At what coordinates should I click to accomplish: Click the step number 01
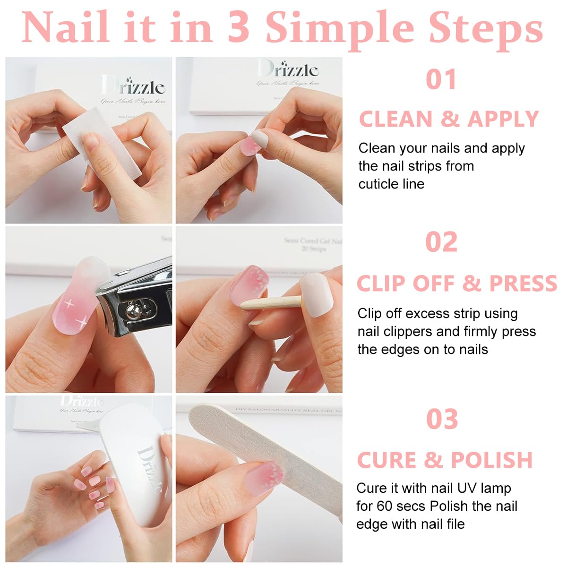[x=441, y=79]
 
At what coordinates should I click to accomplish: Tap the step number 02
[x=441, y=242]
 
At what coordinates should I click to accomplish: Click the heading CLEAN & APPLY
[x=449, y=119]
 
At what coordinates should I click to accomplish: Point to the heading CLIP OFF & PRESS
[x=456, y=283]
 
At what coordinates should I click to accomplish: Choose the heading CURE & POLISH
[x=445, y=460]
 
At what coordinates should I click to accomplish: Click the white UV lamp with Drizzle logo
[x=135, y=472]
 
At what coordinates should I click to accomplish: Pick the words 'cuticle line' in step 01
[x=391, y=184]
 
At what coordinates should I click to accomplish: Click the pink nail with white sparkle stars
[x=73, y=307]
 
